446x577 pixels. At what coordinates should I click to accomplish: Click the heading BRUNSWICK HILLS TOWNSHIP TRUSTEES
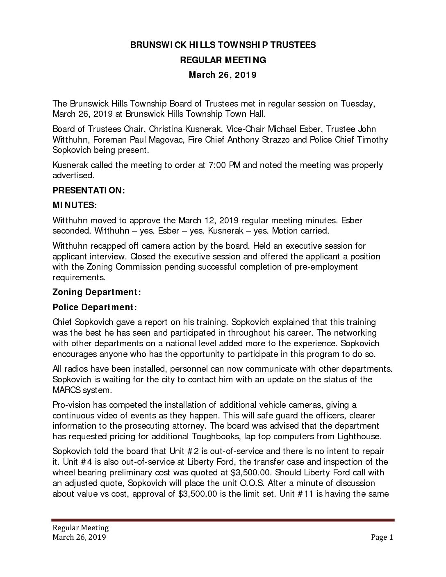click(223, 45)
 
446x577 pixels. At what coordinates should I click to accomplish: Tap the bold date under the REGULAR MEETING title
click(223, 75)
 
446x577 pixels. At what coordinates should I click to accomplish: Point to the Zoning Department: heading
click(97, 292)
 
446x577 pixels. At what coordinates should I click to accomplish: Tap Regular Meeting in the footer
click(80, 527)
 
